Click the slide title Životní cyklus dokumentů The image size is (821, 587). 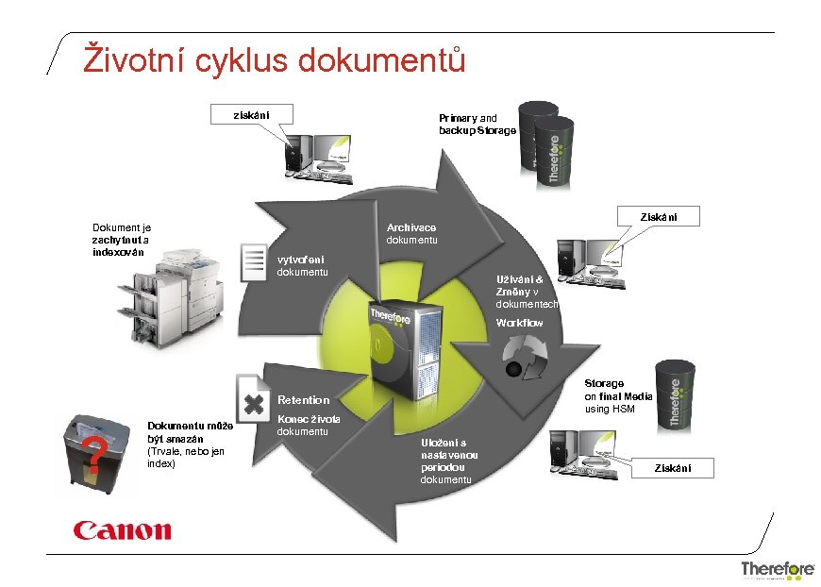tap(275, 58)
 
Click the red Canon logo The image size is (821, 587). tap(123, 530)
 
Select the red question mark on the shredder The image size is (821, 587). tap(92, 455)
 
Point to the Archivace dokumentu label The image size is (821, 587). tap(411, 234)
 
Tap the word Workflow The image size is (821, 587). tap(519, 323)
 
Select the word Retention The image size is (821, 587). tap(303, 400)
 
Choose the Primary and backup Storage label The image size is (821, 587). tap(477, 124)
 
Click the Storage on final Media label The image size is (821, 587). tap(618, 396)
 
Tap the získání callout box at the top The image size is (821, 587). tap(251, 115)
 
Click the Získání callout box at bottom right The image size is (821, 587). tap(674, 468)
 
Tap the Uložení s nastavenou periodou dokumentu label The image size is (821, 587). tap(449, 461)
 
